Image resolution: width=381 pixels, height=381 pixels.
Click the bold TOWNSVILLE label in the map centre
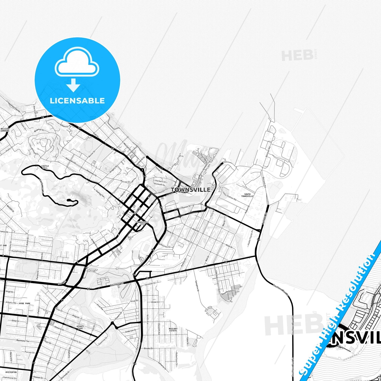[191, 190]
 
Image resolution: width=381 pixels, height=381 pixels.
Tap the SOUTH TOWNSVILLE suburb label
[247, 195]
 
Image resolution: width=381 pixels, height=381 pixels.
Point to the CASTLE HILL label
[45, 167]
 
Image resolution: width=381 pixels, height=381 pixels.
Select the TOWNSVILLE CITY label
[142, 223]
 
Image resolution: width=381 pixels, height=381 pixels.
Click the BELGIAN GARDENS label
[5, 130]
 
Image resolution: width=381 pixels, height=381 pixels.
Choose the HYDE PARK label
[25, 303]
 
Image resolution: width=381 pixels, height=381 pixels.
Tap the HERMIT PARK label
[80, 327]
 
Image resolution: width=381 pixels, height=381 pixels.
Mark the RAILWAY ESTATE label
[173, 330]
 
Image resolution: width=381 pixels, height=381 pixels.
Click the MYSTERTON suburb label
[11, 372]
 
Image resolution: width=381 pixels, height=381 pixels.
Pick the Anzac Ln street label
[155, 302]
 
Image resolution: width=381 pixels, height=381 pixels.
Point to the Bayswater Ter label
[23, 341]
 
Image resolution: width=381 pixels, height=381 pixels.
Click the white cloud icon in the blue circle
[77, 63]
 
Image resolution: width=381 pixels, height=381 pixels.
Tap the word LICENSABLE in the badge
[77, 100]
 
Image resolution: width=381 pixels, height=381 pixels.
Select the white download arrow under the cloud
[73, 85]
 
